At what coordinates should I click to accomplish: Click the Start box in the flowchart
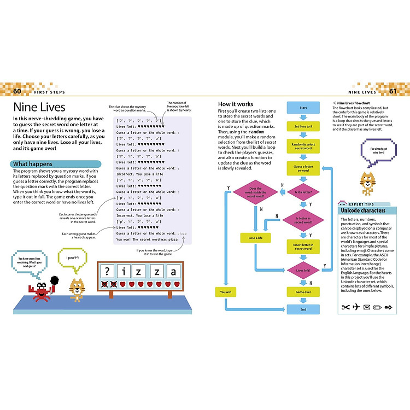[303, 107]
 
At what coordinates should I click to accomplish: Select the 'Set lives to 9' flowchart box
[303, 126]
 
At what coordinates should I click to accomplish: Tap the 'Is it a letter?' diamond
[303, 192]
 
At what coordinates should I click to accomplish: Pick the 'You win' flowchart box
[225, 292]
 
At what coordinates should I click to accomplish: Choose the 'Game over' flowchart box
[303, 292]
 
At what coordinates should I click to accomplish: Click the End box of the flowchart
[303, 310]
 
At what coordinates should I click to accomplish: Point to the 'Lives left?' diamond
[303, 270]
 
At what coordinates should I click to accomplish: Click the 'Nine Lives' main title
[39, 107]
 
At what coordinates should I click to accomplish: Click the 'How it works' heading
[235, 103]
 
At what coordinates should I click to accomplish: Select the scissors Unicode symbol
[344, 307]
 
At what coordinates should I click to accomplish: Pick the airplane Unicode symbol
[357, 307]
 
